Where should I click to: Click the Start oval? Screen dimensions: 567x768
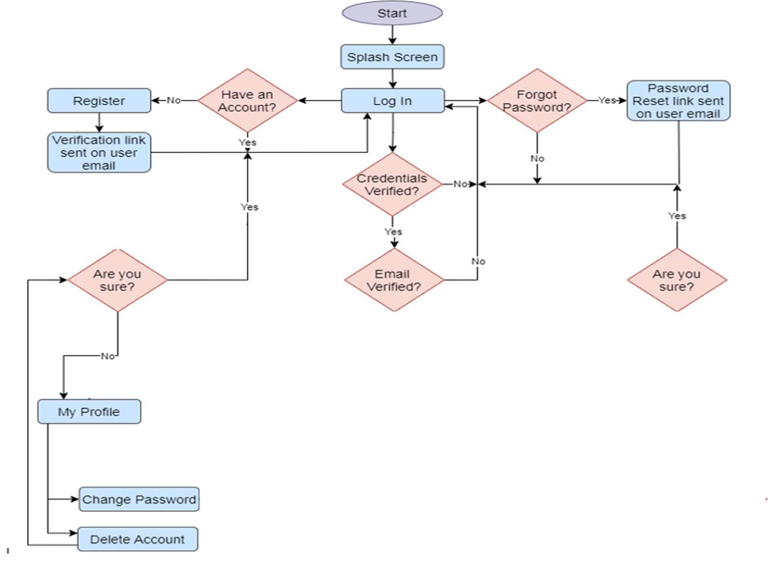click(392, 13)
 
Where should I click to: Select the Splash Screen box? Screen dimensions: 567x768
click(392, 57)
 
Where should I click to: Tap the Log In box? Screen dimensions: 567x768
click(392, 101)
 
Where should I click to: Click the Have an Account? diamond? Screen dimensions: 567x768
click(247, 101)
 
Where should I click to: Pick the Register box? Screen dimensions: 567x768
click(99, 101)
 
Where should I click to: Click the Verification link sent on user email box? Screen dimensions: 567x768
click(99, 153)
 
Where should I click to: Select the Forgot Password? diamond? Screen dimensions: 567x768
click(537, 101)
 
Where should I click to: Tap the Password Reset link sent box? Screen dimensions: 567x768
click(678, 101)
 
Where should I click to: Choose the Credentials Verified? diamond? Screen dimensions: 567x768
click(392, 184)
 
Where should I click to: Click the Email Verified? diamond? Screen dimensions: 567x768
click(394, 280)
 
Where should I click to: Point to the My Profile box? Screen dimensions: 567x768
click(89, 411)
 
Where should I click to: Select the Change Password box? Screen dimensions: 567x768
click(139, 499)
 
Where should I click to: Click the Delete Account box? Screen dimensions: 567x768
click(137, 539)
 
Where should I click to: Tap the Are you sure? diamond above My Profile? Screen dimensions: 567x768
click(117, 280)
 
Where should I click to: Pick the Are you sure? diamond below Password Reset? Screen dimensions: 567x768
click(677, 280)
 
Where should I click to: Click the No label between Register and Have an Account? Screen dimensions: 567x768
click(173, 100)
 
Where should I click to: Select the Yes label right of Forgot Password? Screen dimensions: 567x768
click(607, 100)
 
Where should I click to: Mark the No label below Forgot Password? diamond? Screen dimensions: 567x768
click(537, 158)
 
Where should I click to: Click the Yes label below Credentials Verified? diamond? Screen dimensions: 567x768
click(393, 232)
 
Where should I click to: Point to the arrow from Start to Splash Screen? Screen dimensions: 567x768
click(392, 35)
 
